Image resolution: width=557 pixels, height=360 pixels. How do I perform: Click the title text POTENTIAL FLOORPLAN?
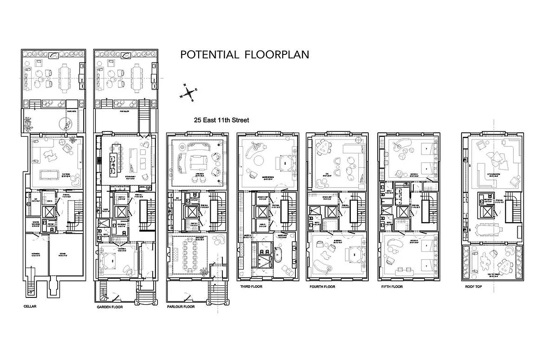(245, 55)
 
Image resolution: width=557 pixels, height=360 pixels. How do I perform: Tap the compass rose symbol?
(190, 92)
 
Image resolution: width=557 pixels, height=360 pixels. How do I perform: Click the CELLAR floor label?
(30, 306)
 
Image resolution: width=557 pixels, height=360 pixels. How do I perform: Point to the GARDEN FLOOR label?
(110, 307)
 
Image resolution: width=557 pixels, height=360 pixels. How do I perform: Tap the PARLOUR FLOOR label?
(181, 307)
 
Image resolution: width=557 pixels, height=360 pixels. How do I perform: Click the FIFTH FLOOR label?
(391, 286)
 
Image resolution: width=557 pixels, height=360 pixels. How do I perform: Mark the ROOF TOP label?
(473, 286)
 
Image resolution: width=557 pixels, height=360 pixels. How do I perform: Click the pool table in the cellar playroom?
(54, 174)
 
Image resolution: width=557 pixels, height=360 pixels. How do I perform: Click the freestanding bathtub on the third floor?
(278, 255)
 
